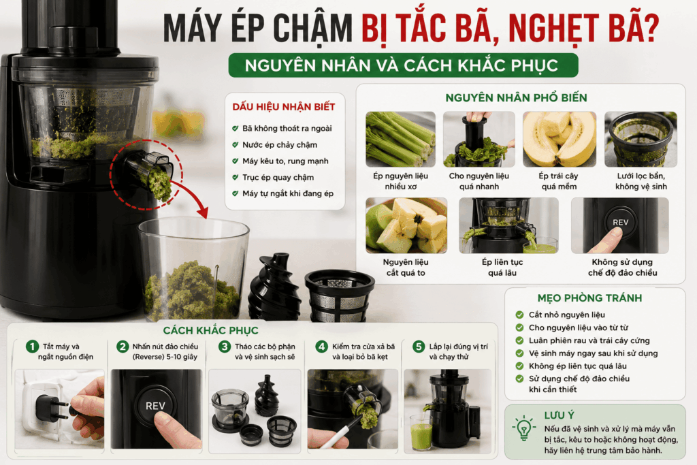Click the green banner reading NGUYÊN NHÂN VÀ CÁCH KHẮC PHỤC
tap(403, 65)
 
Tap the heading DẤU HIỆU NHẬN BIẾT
tap(284, 107)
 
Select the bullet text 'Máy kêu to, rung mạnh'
tap(285, 161)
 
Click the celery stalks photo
tap(400, 139)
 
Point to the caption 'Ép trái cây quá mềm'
tap(559, 181)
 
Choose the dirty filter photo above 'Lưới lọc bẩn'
tap(641, 139)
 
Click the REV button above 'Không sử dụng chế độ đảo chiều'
tap(621, 222)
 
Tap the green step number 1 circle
tap(32, 347)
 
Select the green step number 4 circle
tap(321, 347)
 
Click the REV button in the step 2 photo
tap(155, 406)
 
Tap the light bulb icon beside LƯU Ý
tap(524, 428)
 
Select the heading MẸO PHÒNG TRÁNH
tap(589, 298)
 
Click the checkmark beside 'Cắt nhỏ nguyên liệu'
tap(519, 315)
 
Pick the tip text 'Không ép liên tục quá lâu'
tap(577, 366)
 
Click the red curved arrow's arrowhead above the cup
tap(203, 212)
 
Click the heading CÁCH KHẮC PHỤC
tap(210, 330)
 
